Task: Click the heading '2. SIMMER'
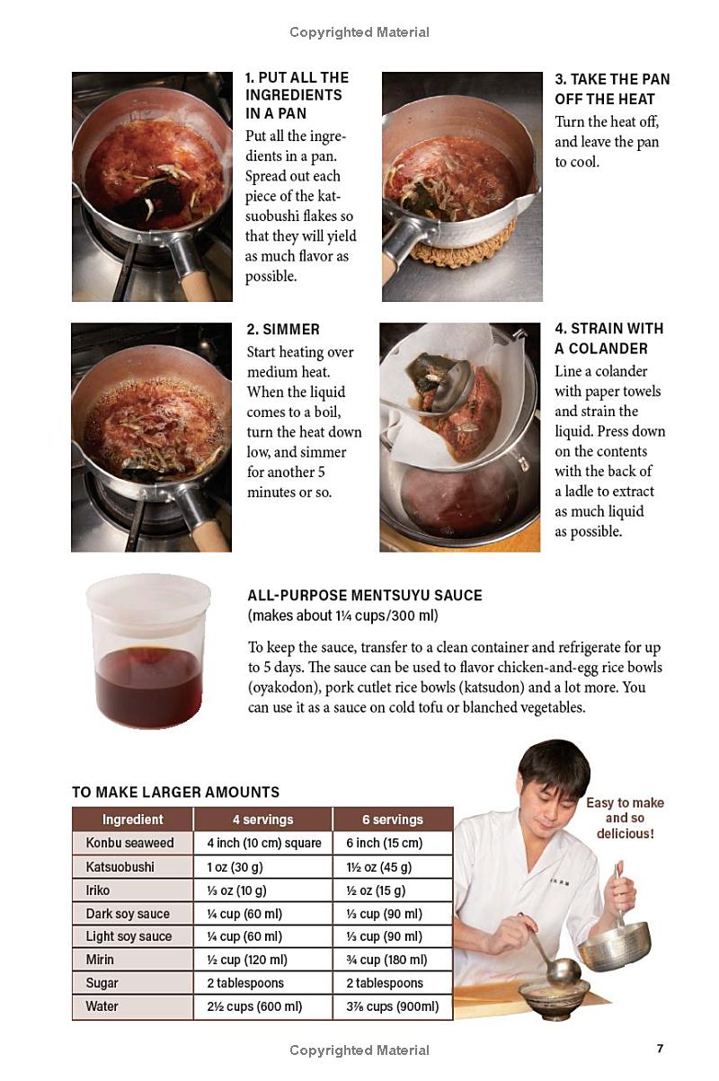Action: (x=283, y=329)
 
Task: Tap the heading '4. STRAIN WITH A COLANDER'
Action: (x=609, y=338)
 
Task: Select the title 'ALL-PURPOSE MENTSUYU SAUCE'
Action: (x=365, y=595)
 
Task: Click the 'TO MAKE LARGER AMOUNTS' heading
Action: (x=175, y=792)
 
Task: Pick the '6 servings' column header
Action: (x=393, y=820)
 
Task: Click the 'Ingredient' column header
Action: (x=133, y=820)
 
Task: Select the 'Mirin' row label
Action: (x=100, y=960)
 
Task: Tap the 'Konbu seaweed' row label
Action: (x=129, y=843)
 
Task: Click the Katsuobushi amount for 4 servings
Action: (x=235, y=867)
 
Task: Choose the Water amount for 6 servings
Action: (x=393, y=1006)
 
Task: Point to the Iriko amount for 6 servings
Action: (x=376, y=890)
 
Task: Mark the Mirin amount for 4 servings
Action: (x=247, y=960)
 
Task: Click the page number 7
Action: (x=660, y=1048)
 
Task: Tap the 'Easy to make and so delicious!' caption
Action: (x=625, y=818)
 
